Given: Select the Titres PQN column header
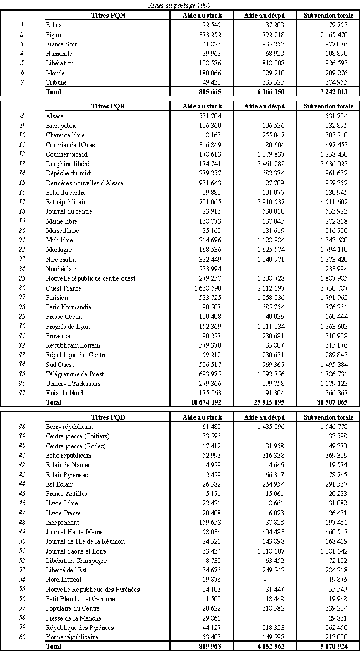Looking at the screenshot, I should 108,15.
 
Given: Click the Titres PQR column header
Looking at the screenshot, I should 108,106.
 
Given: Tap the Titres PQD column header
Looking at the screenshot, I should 108,417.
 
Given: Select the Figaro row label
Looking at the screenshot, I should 55,34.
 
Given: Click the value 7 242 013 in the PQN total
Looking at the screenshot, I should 332,92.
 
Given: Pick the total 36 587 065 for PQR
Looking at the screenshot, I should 331,403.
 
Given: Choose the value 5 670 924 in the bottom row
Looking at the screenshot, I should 332,645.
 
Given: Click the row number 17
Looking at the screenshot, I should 22,202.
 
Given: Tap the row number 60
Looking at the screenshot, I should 22,637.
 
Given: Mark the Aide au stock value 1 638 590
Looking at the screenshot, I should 205,288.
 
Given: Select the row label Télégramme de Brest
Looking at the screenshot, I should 74,374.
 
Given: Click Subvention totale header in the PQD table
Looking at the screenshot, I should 328,417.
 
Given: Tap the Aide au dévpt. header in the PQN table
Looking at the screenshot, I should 265,15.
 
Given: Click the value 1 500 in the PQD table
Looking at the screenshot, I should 214,599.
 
